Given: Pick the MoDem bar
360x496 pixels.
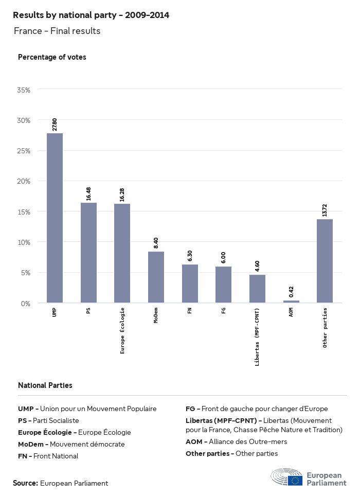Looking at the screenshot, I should click(x=156, y=277).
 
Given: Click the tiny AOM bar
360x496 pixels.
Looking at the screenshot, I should click(x=291, y=302).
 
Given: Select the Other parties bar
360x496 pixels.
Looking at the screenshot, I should click(x=325, y=261).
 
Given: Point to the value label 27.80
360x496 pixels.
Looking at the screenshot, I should click(x=55, y=124).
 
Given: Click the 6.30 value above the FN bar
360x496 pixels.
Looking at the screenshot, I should click(x=190, y=255).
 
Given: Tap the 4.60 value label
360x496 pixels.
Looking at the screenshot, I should click(x=257, y=265).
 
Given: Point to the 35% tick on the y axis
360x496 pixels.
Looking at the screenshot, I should click(x=24, y=90).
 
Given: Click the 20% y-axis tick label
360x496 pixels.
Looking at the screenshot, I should click(x=24, y=181).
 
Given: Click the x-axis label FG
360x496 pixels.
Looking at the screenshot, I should click(x=224, y=311).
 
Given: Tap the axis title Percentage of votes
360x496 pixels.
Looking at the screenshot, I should click(x=52, y=57).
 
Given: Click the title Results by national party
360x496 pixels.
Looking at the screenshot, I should click(x=91, y=15).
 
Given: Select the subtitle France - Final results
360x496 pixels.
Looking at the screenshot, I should click(x=57, y=31).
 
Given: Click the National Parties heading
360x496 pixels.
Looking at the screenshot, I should click(x=45, y=385).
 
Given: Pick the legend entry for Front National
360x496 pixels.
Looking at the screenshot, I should click(x=48, y=456).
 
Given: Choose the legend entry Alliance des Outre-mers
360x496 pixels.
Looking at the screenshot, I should click(x=237, y=441).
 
